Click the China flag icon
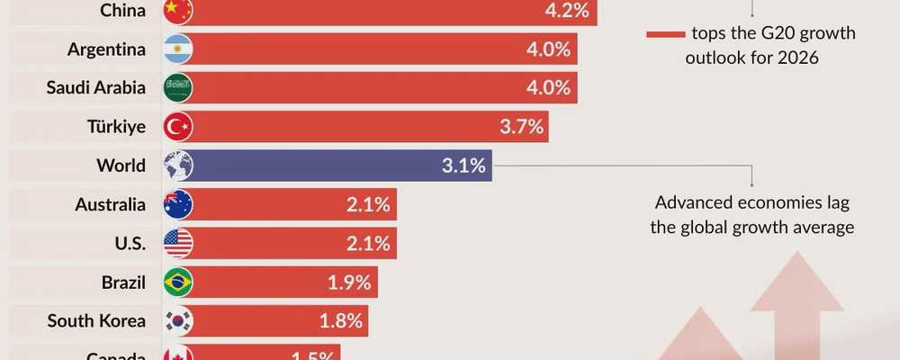pos(178,10)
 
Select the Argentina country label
pos(106,49)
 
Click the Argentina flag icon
pos(178,49)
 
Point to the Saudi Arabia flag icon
pos(178,88)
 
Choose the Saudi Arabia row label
pos(95,88)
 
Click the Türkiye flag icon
pos(178,127)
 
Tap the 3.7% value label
pos(523,127)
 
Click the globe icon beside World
pos(178,166)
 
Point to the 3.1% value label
pos(464,166)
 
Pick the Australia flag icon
pos(178,204)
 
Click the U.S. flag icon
pos(178,243)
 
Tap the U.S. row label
pos(125,243)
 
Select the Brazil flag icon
pos(178,282)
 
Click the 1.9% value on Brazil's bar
pos(350,282)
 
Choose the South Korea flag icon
pos(178,320)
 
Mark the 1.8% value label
pos(341,320)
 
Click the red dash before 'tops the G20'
pos(665,34)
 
